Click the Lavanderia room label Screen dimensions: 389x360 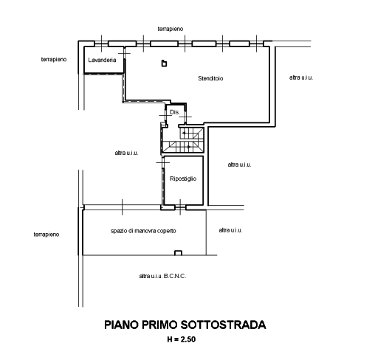tap(102, 60)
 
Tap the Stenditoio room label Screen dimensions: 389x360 tap(210, 79)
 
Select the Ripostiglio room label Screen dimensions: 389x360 tap(183, 179)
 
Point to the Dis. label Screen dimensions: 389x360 tap(175, 112)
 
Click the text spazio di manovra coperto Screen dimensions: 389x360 tap(143, 231)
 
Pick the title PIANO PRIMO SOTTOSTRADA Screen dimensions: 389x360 tap(185, 325)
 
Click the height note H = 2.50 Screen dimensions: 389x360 tap(182, 339)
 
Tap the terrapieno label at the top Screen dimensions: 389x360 tap(171, 29)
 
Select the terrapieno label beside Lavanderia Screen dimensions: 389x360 tap(54, 60)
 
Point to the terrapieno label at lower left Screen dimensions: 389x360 tap(47, 235)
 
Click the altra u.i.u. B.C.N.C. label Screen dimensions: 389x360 tap(162, 276)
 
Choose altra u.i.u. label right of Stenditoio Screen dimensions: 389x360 tap(301, 77)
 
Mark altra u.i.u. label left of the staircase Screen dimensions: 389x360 tap(126, 153)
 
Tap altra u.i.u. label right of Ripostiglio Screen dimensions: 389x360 tap(240, 165)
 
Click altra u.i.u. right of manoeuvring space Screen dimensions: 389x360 tap(231, 230)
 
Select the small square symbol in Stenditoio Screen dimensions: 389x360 tap(164, 63)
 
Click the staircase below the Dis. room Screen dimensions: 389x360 tap(183, 140)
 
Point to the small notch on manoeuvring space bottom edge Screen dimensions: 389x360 tap(178, 253)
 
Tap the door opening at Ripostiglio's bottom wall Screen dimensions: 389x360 tap(180, 207)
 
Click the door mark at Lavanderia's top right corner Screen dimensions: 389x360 tap(124, 54)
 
